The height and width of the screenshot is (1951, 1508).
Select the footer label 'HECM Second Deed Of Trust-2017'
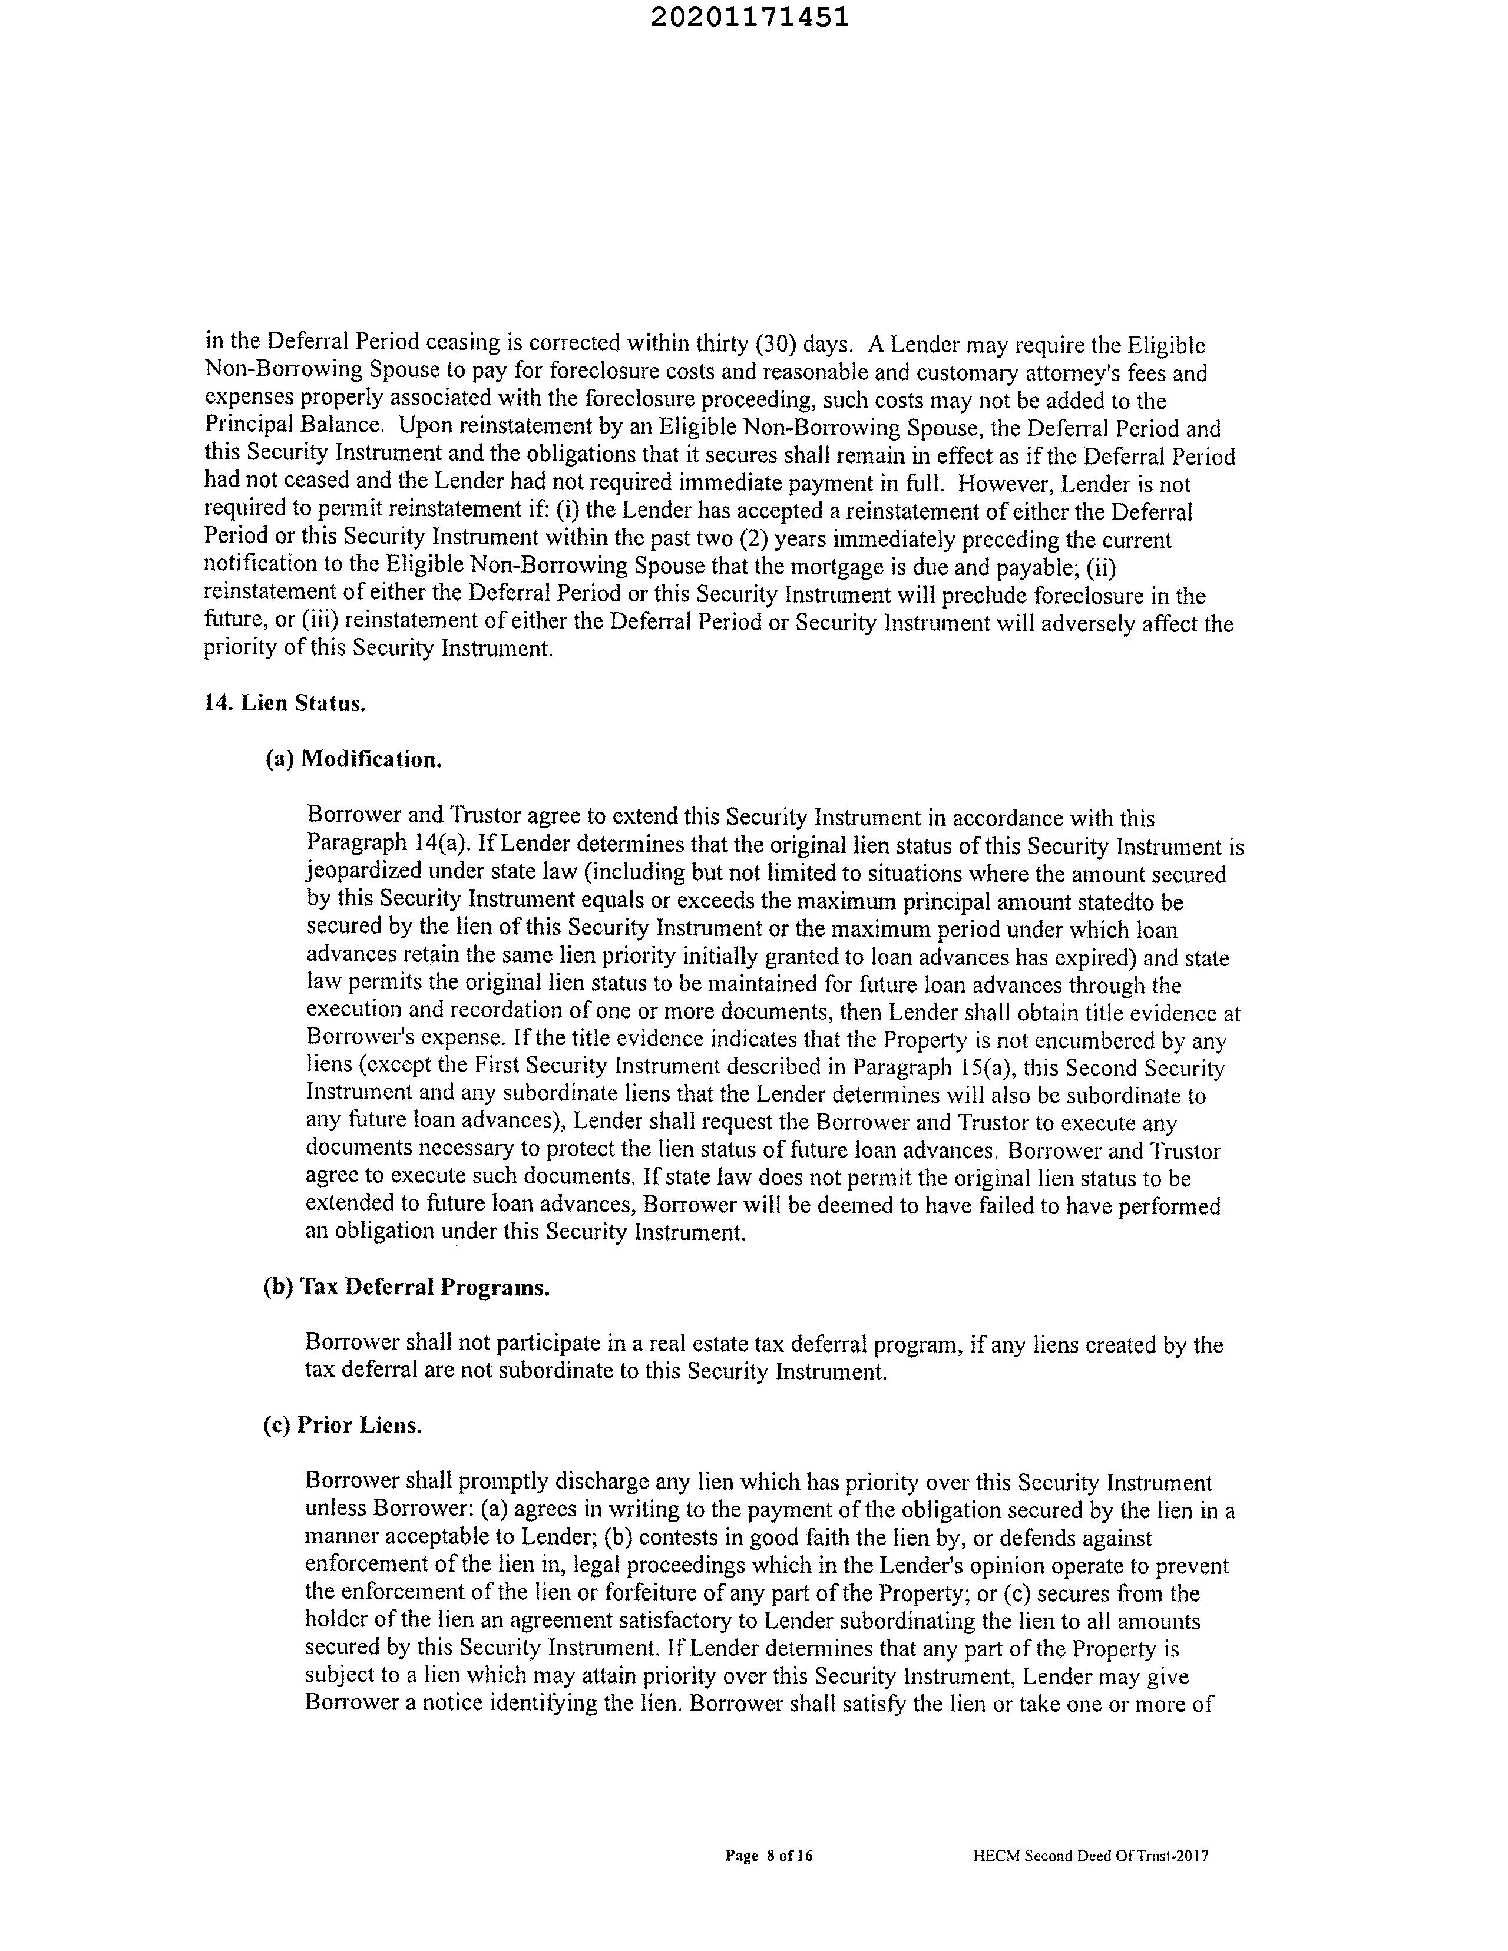[x=1090, y=1856]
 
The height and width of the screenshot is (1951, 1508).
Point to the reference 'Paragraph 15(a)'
[x=932, y=1069]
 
